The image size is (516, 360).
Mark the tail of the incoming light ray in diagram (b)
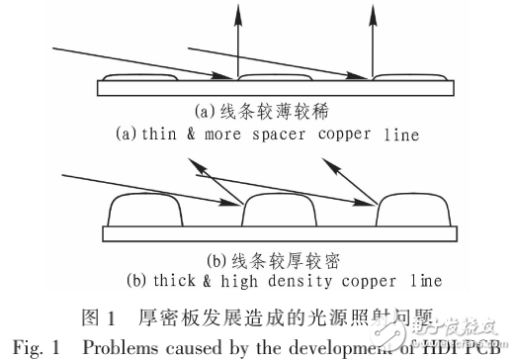(x=62, y=174)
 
